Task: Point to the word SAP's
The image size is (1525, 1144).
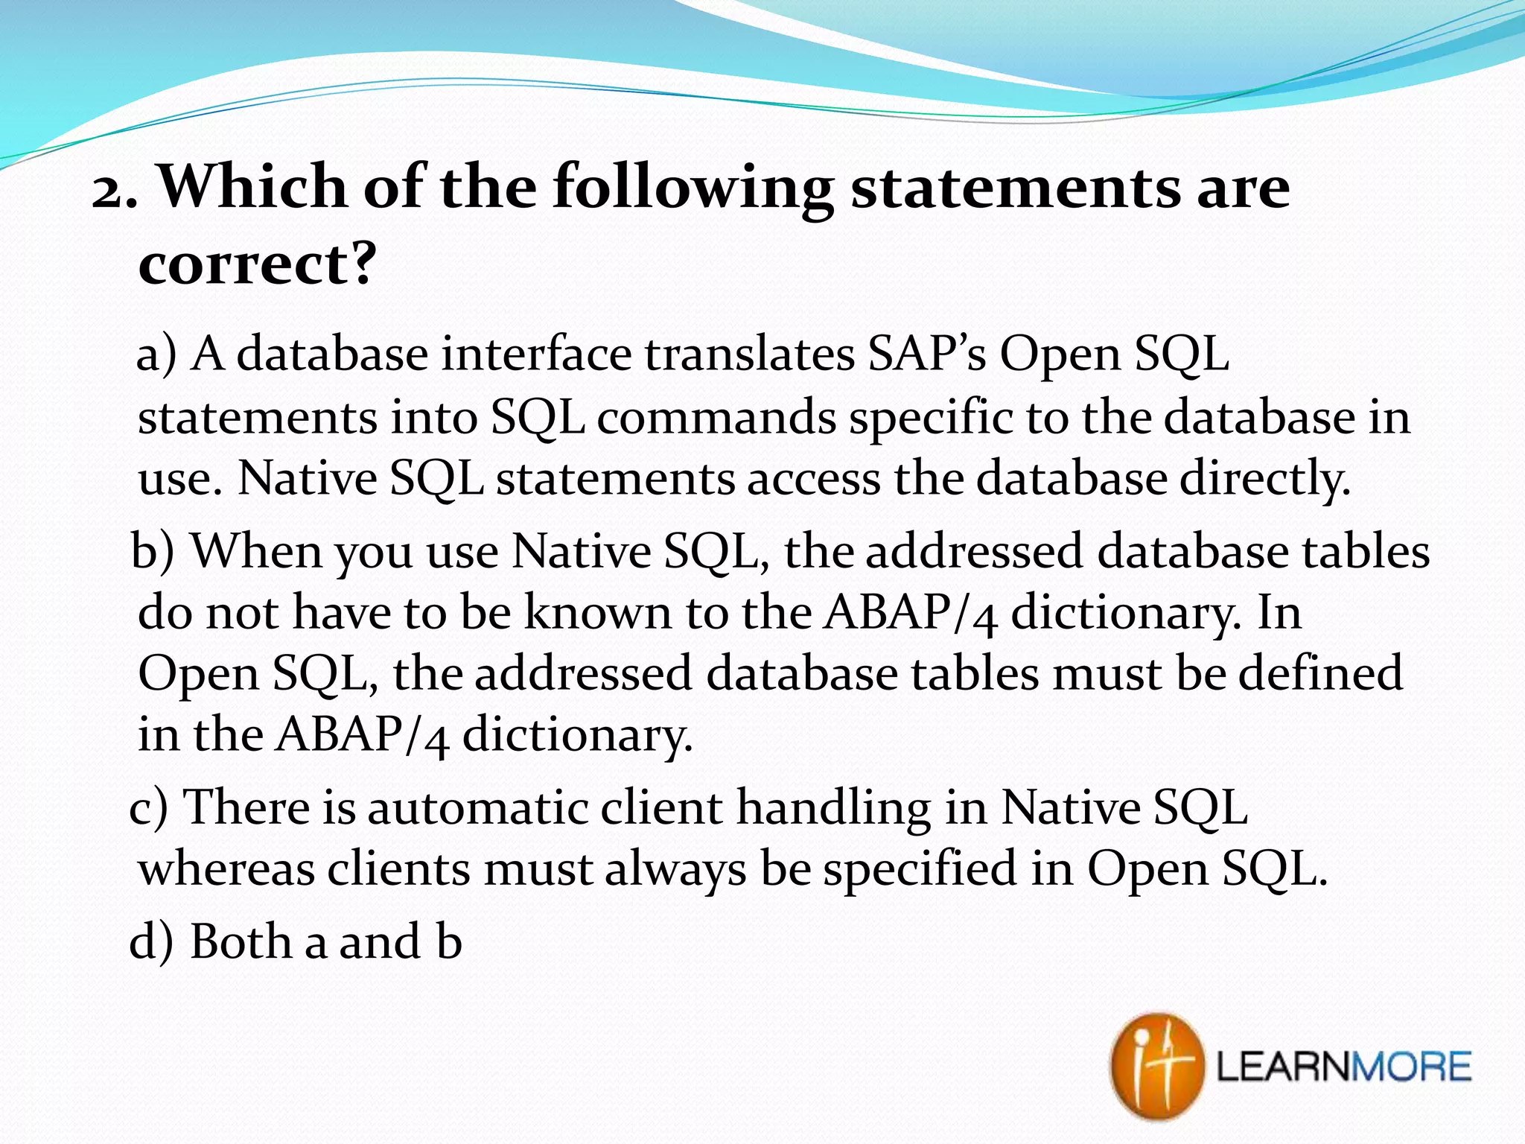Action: click(x=927, y=353)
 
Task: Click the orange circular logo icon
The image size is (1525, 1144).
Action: click(x=1156, y=1066)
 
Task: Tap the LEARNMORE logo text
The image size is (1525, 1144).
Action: click(x=1343, y=1067)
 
